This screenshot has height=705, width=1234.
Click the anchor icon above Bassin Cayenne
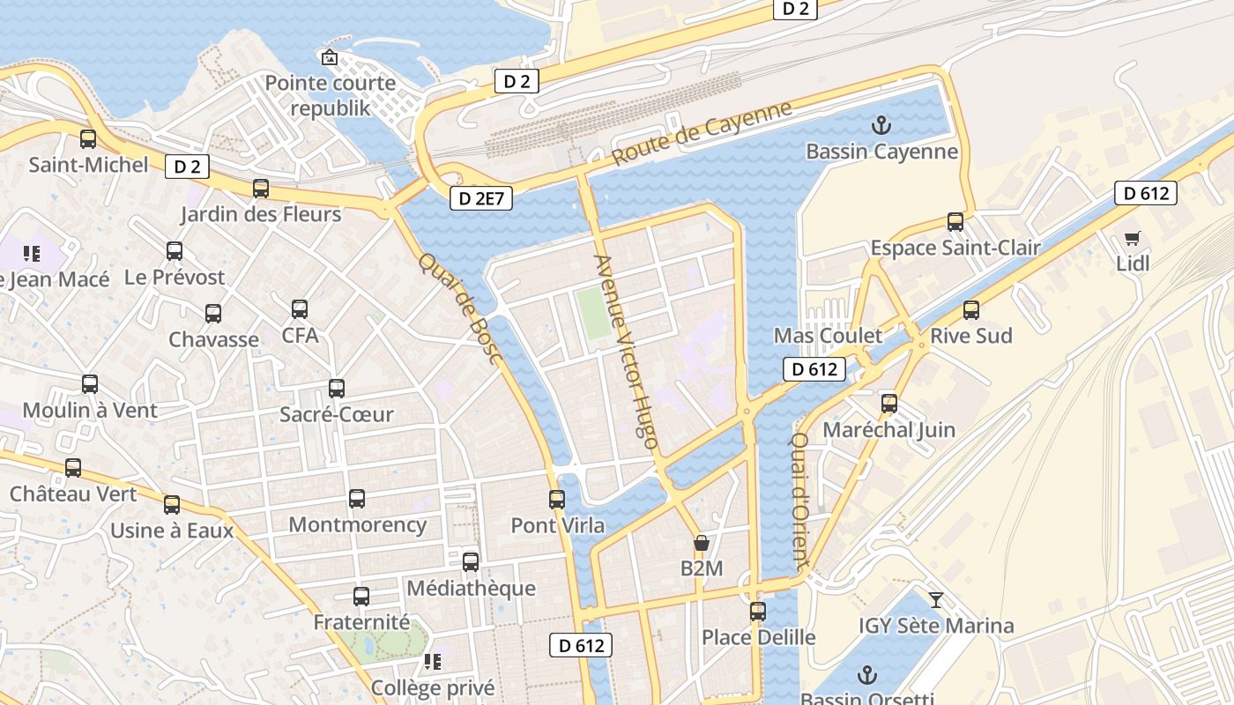(x=881, y=125)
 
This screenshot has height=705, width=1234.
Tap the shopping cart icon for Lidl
(x=1133, y=238)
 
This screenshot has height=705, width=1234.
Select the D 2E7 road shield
(x=481, y=198)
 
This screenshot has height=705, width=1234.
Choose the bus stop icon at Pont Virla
(x=557, y=500)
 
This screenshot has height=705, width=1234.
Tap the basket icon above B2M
(x=702, y=543)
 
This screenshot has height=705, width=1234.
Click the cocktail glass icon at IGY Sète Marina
(x=936, y=600)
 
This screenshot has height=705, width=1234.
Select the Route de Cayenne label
(x=702, y=134)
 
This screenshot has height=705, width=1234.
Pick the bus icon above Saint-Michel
(x=88, y=139)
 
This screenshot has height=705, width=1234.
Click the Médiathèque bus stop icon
(x=471, y=562)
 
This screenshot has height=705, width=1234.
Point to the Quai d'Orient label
(x=799, y=500)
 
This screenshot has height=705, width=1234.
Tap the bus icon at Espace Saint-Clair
(x=955, y=222)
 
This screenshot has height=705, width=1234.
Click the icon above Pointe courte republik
(x=330, y=58)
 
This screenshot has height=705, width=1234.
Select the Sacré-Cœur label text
(x=336, y=414)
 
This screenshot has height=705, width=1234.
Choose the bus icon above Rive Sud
(x=971, y=310)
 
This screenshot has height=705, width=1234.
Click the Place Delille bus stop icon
(x=758, y=611)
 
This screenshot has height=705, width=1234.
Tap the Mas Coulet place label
(x=828, y=336)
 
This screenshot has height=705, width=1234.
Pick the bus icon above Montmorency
(x=357, y=499)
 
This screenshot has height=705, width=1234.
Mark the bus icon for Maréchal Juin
(x=889, y=404)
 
